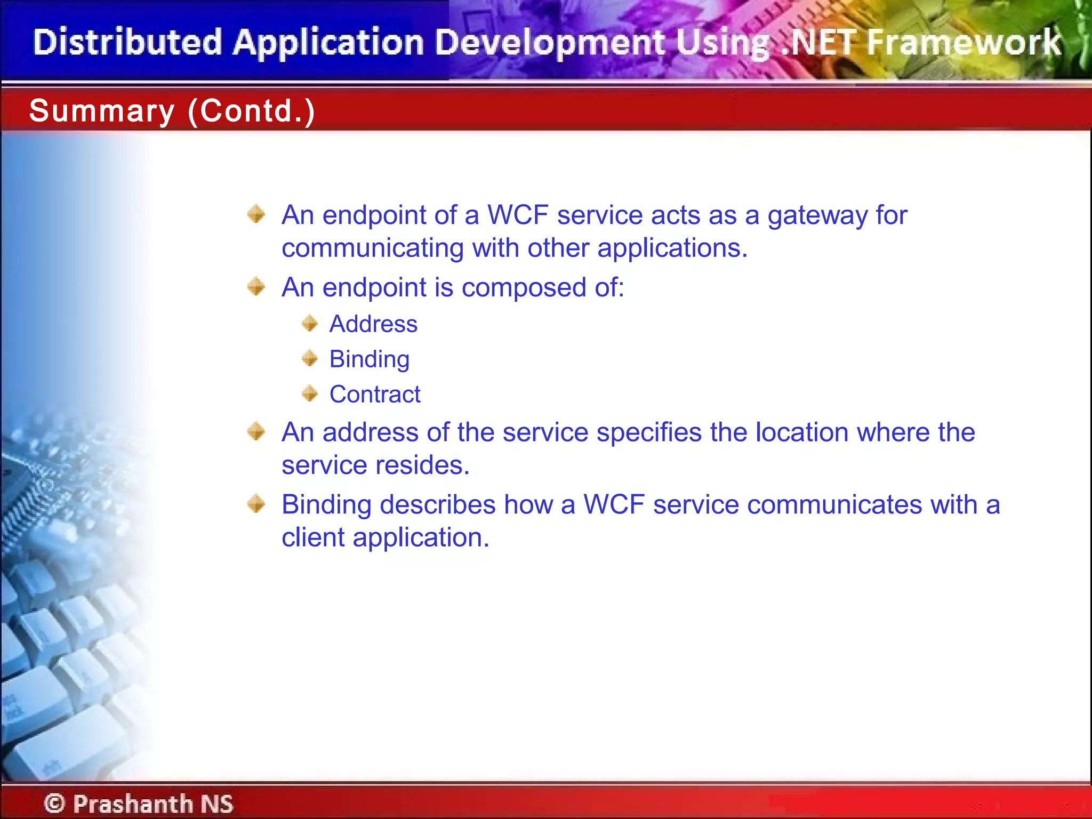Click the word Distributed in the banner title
(x=127, y=43)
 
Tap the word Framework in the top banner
(x=964, y=43)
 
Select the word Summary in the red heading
(x=101, y=111)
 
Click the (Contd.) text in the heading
(x=251, y=111)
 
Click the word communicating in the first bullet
(x=373, y=248)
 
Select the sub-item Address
(x=373, y=324)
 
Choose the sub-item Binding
(x=369, y=359)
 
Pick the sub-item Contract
(x=375, y=395)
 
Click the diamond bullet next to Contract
(x=310, y=394)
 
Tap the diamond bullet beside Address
(x=310, y=323)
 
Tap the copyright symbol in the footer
(x=54, y=803)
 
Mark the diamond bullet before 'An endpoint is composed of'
(x=256, y=286)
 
